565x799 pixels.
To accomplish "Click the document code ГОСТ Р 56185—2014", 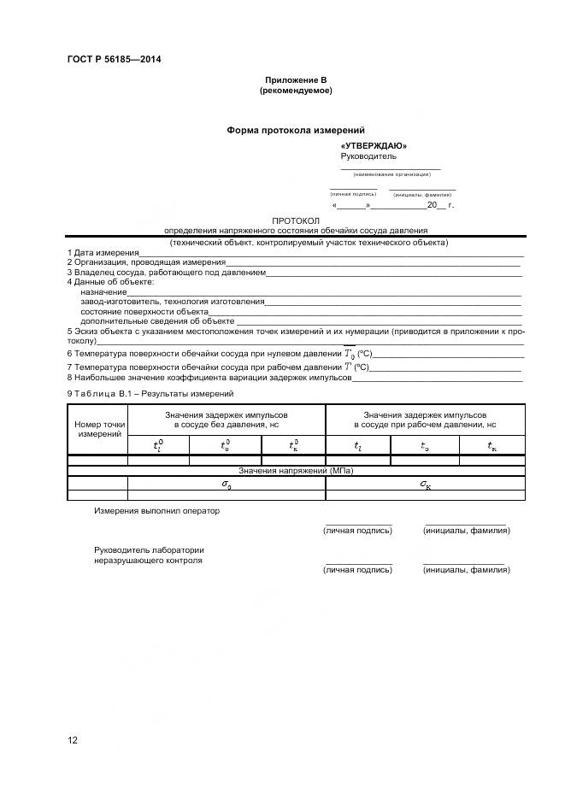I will click(114, 60).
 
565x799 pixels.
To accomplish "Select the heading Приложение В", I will click(295, 79).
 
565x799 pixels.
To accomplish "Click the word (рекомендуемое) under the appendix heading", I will click(295, 90).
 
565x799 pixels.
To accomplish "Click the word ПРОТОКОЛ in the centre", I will click(295, 220).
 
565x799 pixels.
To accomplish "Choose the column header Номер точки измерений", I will click(100, 429).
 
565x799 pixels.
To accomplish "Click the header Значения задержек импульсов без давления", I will click(227, 419).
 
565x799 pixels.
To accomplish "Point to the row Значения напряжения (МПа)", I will click(295, 471).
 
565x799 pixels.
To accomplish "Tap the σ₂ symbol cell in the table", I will click(227, 485).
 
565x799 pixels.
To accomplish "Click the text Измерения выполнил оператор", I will click(156, 511).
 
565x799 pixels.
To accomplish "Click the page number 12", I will click(73, 740).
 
